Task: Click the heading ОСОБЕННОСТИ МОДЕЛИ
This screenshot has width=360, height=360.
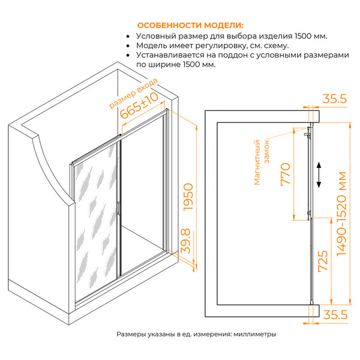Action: (190, 25)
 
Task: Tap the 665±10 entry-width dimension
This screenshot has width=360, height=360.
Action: (139, 106)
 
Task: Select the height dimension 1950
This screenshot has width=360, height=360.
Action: (189, 197)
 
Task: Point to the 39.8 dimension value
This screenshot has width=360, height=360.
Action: (186, 241)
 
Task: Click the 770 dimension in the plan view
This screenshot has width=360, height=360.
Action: (286, 174)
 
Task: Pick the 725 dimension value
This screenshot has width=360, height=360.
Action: (323, 261)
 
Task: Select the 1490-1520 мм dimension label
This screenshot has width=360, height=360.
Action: (341, 214)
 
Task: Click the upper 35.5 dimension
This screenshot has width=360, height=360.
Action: (335, 99)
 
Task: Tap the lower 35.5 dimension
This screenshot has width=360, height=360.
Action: (335, 314)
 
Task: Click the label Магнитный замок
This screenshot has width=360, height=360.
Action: (261, 163)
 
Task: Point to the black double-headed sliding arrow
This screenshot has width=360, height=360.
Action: (319, 175)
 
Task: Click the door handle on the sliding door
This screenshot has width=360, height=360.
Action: (118, 208)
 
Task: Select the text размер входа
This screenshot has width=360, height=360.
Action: (133, 93)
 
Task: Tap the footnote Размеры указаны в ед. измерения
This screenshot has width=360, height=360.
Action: (173, 334)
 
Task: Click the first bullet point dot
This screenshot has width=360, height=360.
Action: (128, 37)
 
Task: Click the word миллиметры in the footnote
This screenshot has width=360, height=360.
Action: (255, 334)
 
